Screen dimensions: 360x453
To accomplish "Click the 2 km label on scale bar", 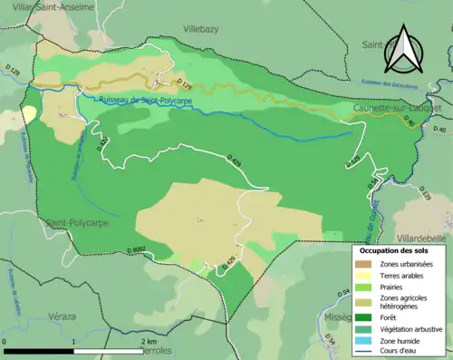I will click(x=150, y=341).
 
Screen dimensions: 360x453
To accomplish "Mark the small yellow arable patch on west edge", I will click(x=29, y=114).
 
